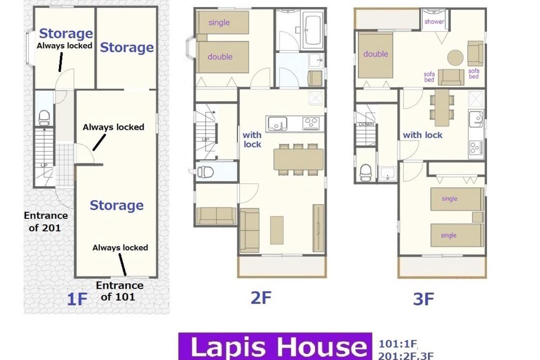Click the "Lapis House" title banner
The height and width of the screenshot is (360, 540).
click(275, 346)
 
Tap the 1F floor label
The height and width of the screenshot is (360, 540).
click(77, 298)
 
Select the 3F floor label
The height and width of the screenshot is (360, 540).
click(423, 299)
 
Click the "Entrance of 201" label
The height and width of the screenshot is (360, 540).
click(46, 221)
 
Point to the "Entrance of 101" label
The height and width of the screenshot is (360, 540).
click(119, 291)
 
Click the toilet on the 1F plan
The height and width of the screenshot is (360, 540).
click(43, 118)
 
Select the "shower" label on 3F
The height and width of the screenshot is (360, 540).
click(434, 21)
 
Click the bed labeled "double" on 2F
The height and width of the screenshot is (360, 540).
click(222, 57)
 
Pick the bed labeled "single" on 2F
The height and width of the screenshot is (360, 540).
click(222, 22)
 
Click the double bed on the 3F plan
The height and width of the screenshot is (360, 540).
click(375, 55)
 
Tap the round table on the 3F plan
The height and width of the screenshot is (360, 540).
click(455, 57)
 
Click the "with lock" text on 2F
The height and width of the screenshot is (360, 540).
click(252, 139)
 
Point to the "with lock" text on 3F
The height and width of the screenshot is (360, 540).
click(422, 135)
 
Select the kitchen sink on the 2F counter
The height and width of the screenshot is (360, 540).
click(277, 123)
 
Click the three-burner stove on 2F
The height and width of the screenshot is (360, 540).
click(311, 123)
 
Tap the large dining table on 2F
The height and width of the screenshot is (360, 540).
click(298, 159)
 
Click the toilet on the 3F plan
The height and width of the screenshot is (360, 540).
click(365, 172)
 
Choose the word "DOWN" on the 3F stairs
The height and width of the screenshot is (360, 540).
click(366, 124)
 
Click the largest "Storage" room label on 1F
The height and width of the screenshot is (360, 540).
click(116, 205)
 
